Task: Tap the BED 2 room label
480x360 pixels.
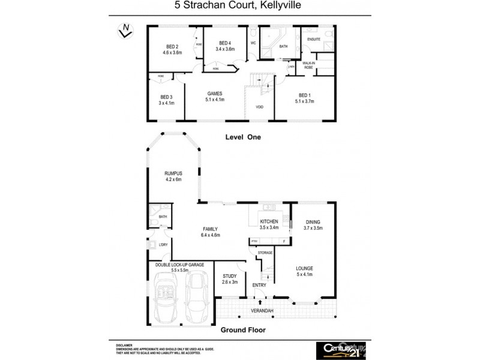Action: coord(172,47)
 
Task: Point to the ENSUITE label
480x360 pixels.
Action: coord(314,40)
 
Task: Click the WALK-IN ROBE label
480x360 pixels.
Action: coord(308,65)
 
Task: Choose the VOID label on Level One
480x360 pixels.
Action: coord(259,107)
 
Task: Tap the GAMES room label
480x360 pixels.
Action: coord(215,94)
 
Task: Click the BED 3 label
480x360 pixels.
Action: coord(166,97)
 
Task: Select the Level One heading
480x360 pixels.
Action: coord(243,137)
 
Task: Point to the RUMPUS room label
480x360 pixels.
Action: coord(173,173)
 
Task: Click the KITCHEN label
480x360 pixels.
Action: coord(269,221)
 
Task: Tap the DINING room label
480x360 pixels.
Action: coord(313,221)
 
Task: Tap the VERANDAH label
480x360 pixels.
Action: coord(262,310)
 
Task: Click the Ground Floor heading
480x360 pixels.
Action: coord(243,329)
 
